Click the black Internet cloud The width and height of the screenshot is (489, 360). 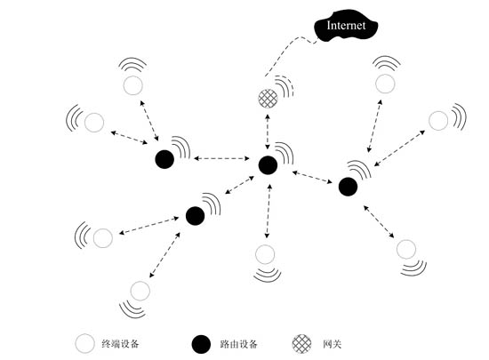click(x=346, y=26)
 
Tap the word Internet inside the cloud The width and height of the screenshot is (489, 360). click(x=346, y=25)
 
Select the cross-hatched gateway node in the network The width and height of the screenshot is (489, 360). click(x=268, y=99)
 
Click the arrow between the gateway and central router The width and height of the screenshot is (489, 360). click(x=268, y=132)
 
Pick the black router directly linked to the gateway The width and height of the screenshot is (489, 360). click(x=268, y=164)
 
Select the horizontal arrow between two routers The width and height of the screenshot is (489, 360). click(x=221, y=158)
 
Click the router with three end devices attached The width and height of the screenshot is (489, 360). click(x=348, y=187)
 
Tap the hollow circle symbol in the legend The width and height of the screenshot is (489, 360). click(x=84, y=343)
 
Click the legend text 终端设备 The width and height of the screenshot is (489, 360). click(x=120, y=344)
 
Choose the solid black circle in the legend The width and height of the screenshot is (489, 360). click(x=201, y=344)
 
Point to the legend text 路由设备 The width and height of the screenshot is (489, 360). click(x=238, y=344)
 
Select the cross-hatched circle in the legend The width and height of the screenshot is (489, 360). click(x=301, y=344)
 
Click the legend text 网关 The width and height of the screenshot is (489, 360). click(x=333, y=344)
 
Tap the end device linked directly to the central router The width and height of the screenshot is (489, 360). click(x=265, y=254)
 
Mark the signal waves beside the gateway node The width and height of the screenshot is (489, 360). click(x=285, y=86)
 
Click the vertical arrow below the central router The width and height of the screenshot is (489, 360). click(x=268, y=211)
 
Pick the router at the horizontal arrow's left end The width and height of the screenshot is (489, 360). click(x=164, y=159)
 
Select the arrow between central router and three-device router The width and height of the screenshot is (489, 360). click(x=312, y=177)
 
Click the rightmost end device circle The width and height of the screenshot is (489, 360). click(x=438, y=121)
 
